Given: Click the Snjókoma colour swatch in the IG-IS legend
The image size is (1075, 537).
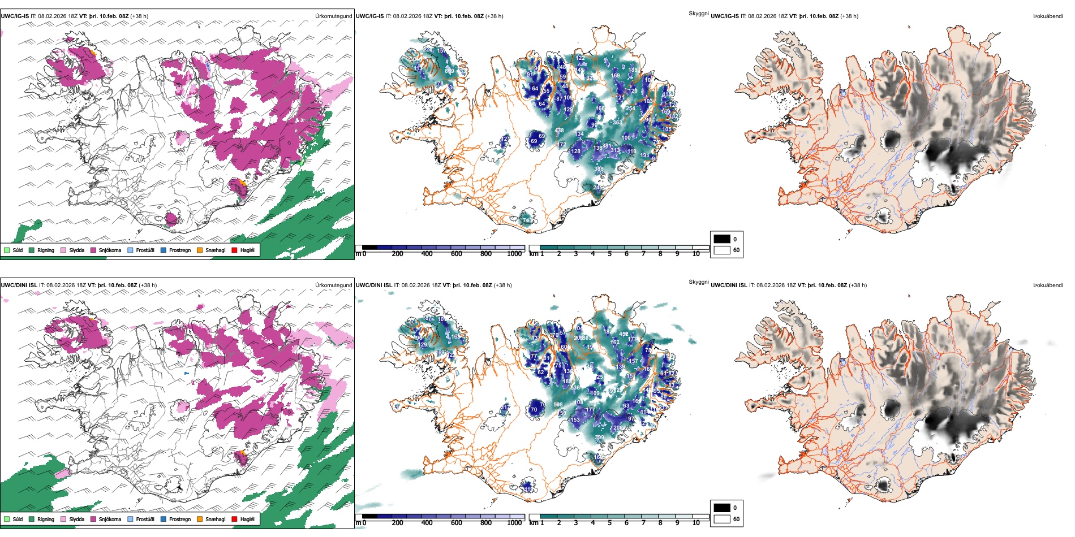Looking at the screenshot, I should (93, 250).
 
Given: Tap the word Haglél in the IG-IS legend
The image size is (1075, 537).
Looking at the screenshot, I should (247, 250).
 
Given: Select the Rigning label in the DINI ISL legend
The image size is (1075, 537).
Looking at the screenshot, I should (46, 519).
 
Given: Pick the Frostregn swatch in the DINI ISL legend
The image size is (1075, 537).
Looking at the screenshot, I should (164, 519).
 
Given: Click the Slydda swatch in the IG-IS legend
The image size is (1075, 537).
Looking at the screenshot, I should (63, 250).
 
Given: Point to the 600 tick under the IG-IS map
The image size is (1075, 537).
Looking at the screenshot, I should (457, 254).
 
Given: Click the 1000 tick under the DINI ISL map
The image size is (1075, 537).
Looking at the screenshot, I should (514, 523).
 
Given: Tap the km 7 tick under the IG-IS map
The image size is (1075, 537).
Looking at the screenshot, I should (643, 254).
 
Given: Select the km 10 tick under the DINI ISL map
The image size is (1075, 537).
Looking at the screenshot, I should (696, 523).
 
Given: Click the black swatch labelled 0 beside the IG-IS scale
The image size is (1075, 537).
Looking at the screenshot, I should (722, 239).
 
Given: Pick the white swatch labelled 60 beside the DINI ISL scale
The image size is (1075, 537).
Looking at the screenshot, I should (722, 519).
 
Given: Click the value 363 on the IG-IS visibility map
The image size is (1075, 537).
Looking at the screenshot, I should (617, 122).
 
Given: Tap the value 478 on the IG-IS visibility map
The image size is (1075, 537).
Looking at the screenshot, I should (559, 131).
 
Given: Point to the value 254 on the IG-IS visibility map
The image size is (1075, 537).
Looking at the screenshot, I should (630, 109).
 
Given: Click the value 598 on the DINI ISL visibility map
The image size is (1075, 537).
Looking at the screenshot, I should (558, 404).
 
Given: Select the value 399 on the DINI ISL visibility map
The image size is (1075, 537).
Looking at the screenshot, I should (599, 437).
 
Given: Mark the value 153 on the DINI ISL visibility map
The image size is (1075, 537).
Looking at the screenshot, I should (575, 419).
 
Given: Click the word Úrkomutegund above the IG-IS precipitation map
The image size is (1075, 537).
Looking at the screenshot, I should (333, 16).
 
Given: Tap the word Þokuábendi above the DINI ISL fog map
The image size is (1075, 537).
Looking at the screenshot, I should (1048, 285).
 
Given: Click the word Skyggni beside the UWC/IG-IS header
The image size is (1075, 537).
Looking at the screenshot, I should (698, 13).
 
